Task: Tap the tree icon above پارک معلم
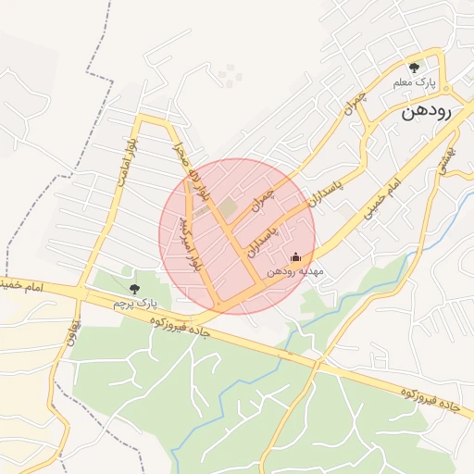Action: [414, 68]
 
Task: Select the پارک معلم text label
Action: [414, 83]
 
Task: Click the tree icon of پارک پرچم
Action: [135, 289]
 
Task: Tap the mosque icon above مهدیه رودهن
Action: [296, 256]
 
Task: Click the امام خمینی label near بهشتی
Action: [380, 198]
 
